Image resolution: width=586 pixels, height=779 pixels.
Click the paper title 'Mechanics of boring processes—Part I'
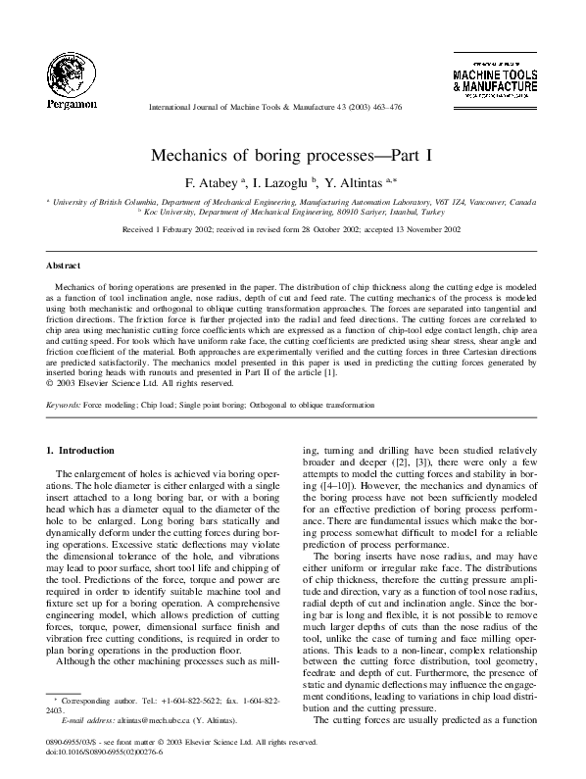tap(292, 156)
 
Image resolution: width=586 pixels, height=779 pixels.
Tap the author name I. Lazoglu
tap(280, 182)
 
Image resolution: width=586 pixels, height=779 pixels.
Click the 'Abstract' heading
tap(63, 266)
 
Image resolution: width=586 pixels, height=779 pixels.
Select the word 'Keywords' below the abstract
tap(63, 405)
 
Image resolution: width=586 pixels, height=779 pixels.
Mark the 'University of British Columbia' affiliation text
tap(103, 201)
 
